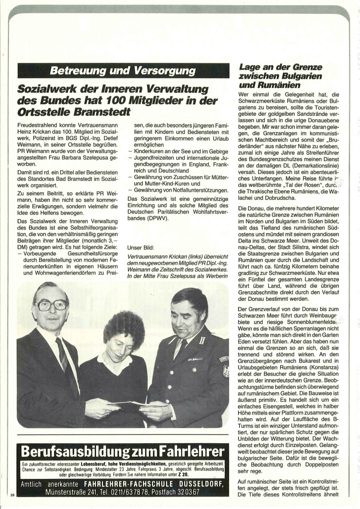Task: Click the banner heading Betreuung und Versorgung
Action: click(x=123, y=71)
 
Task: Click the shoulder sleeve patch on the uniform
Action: click(x=224, y=359)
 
